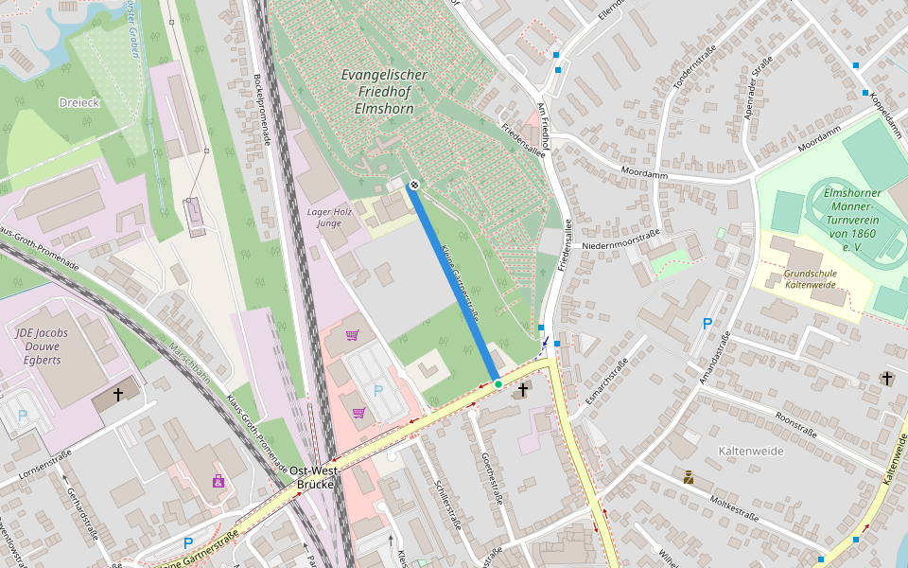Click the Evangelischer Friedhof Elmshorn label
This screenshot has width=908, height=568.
pos(384,92)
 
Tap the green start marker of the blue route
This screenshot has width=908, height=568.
pos(498,383)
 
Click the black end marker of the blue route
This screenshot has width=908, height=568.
pos(414,185)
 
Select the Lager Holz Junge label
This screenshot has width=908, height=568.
pos(329,217)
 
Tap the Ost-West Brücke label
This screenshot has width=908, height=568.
pos(314,477)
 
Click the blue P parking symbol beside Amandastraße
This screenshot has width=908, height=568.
pos(707,324)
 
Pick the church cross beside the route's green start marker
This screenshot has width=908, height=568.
pos(523,389)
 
